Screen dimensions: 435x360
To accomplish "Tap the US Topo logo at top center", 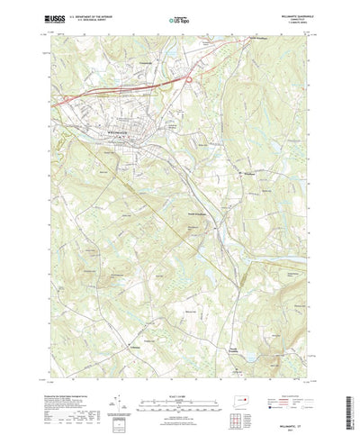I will click(x=180, y=17).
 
